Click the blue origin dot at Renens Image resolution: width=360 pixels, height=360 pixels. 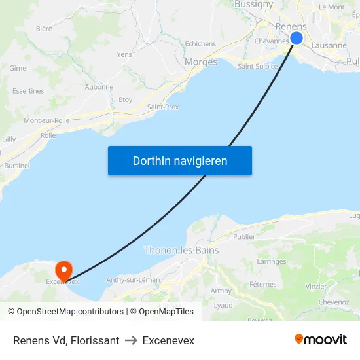pyautogui.click(x=297, y=38)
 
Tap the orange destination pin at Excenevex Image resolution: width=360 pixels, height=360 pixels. pyautogui.click(x=63, y=270)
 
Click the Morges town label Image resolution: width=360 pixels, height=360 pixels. pyautogui.click(x=201, y=62)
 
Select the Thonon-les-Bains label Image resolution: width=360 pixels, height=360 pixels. pyautogui.click(x=181, y=250)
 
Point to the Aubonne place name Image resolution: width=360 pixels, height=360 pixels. pyautogui.click(x=99, y=87)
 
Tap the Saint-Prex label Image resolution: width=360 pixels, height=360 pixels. pyautogui.click(x=163, y=107)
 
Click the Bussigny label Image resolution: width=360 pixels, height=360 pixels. pyautogui.click(x=253, y=5)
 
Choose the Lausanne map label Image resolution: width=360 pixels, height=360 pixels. pyautogui.click(x=329, y=46)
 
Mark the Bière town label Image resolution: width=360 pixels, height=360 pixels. pyautogui.click(x=44, y=29)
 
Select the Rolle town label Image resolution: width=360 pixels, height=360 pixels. pyautogui.click(x=48, y=135)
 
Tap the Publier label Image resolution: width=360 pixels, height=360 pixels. pyautogui.click(x=244, y=237)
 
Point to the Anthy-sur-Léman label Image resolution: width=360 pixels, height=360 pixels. pyautogui.click(x=133, y=280)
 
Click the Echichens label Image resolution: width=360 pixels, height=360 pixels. pyautogui.click(x=200, y=44)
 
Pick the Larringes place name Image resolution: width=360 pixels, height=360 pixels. pyautogui.click(x=272, y=261)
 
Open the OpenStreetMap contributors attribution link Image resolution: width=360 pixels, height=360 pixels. pyautogui.click(x=69, y=312)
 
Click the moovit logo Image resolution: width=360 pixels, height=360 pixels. pyautogui.click(x=321, y=339)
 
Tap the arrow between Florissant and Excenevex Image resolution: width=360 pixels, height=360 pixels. pyautogui.click(x=131, y=340)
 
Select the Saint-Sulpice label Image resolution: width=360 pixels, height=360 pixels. pyautogui.click(x=258, y=66)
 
